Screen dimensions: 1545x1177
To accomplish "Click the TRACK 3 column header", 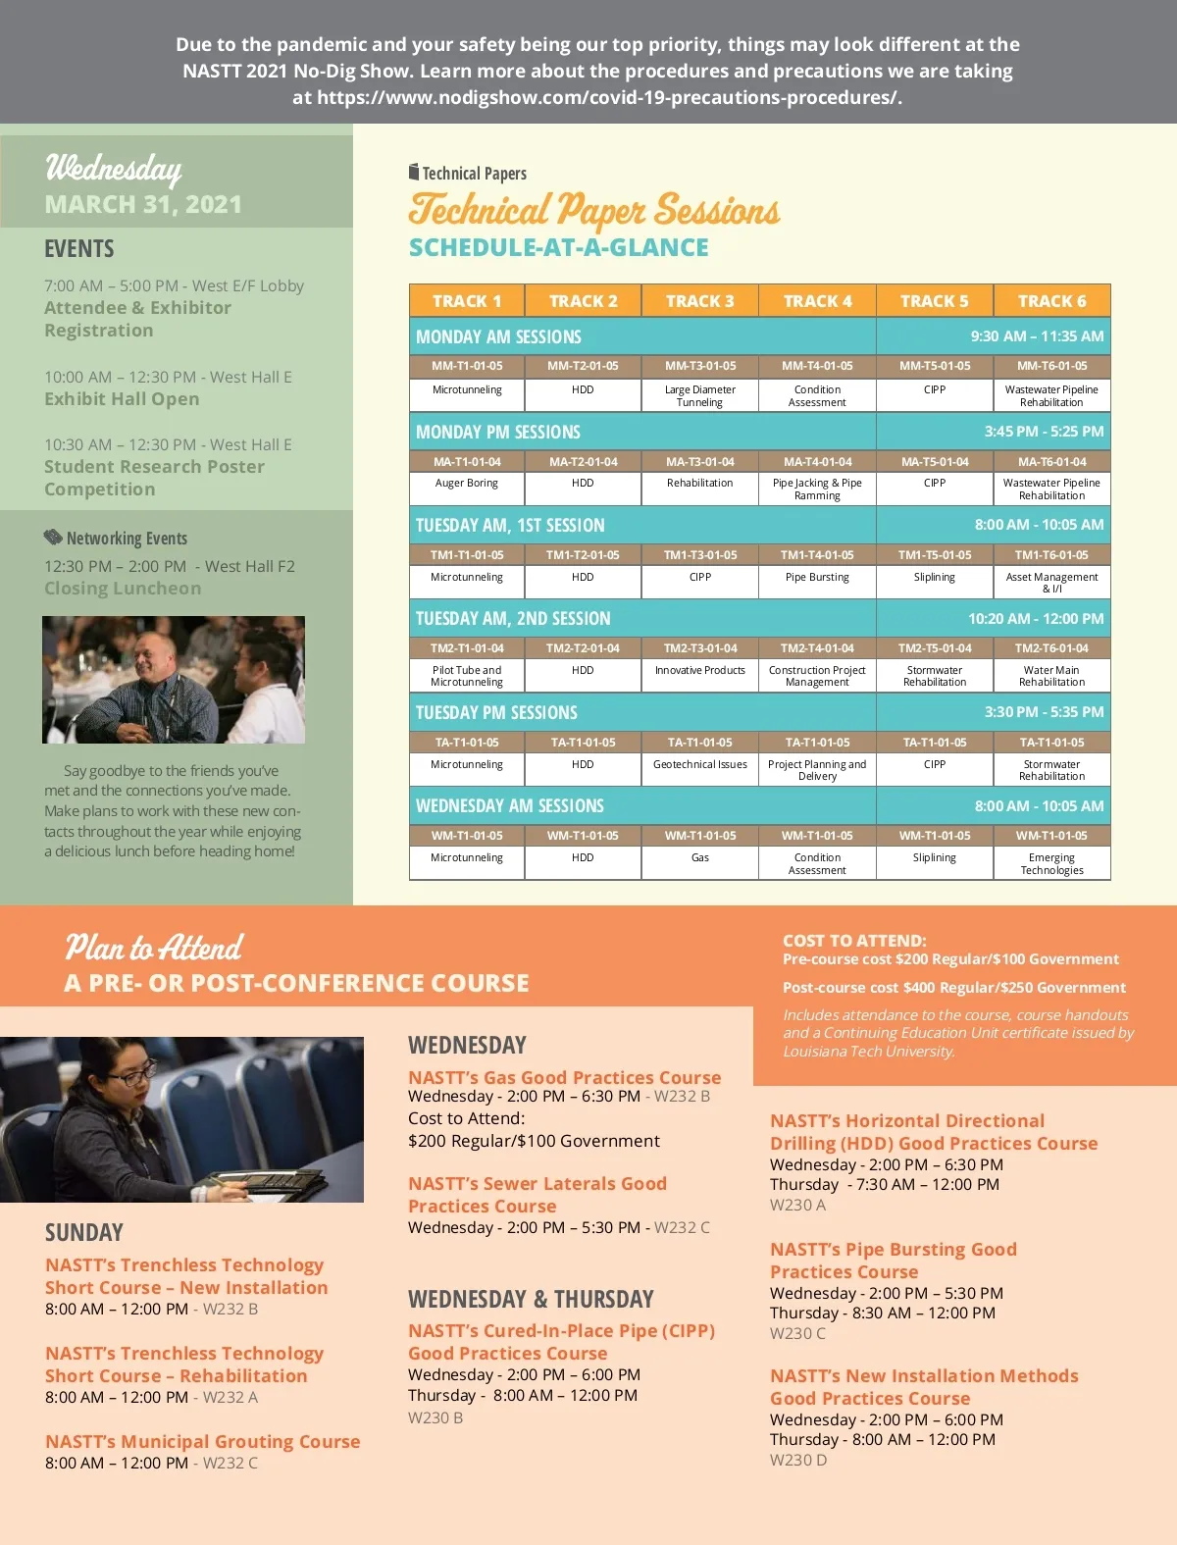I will point(699,301).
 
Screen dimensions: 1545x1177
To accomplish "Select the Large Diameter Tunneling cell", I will point(699,395).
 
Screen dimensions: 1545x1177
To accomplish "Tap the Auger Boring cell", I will point(467,483).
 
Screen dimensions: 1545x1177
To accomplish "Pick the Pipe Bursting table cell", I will point(817,577).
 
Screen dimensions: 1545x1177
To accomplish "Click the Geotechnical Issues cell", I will point(699,764).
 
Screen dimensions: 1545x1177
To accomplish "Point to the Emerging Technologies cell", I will point(1051,863).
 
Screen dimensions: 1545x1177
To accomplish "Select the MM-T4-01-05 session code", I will point(817,366).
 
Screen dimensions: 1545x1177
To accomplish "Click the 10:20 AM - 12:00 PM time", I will point(1036,619).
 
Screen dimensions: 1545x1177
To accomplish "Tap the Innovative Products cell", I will point(699,671).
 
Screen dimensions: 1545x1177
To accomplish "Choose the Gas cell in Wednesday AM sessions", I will point(699,857).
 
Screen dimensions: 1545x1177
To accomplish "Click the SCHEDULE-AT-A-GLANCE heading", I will point(558,247).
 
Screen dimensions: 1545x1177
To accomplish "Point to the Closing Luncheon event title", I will point(123,589).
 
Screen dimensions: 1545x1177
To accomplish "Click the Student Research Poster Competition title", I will point(154,478).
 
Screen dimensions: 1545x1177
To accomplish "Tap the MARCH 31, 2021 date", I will point(143,204).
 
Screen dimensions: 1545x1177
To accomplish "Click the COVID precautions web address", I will point(608,97).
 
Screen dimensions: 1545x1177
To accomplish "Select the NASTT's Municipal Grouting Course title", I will point(203,1441).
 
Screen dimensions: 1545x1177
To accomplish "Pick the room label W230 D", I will point(798,1460).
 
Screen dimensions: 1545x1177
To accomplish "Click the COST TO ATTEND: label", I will point(854,940).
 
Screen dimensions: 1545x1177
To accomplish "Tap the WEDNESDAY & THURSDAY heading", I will point(531,1299).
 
